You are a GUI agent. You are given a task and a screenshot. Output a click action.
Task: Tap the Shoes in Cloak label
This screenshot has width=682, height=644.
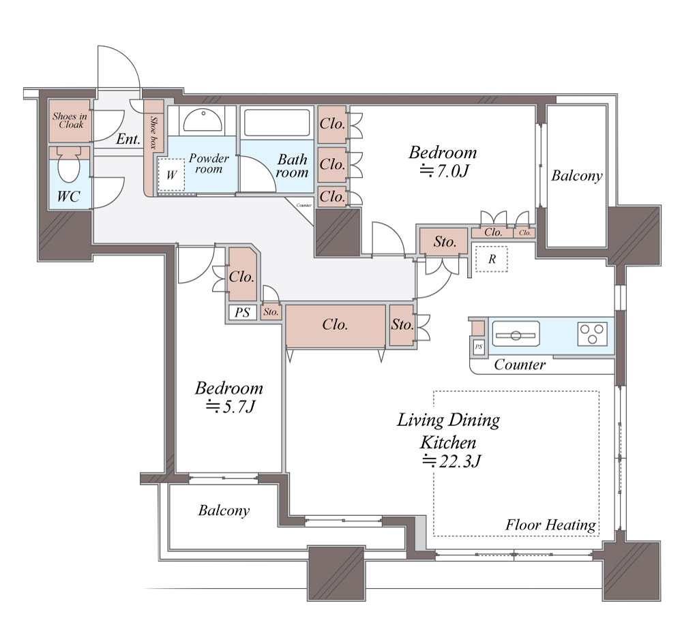[x=70, y=121]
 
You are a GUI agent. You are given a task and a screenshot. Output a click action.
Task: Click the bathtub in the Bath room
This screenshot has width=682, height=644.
[x=277, y=123]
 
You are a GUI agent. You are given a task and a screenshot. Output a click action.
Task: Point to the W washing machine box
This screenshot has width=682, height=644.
[x=171, y=174]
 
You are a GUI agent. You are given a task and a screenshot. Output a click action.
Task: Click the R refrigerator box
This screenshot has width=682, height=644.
[x=492, y=259]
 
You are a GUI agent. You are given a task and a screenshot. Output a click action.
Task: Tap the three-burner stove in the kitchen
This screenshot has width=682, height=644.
[x=593, y=334]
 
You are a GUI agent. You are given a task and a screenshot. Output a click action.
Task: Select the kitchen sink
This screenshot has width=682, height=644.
[x=516, y=334]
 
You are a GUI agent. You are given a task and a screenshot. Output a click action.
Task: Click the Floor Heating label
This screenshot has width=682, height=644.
[x=550, y=525]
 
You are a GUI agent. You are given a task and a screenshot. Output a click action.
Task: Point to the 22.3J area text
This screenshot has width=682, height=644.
[x=451, y=461]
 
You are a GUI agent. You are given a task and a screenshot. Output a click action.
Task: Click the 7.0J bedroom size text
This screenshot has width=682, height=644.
[x=444, y=171]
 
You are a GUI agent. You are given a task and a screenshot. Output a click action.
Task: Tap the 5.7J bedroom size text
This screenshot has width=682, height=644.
[x=231, y=407]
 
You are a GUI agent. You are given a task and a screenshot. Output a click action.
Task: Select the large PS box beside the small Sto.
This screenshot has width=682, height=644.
[x=242, y=312]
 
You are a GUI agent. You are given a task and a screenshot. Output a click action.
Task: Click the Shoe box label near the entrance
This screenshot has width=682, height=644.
[x=153, y=132]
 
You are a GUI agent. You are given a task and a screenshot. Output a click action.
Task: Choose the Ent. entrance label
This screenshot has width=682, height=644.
[x=128, y=139]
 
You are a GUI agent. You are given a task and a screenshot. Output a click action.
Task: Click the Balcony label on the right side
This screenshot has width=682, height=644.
[x=577, y=176]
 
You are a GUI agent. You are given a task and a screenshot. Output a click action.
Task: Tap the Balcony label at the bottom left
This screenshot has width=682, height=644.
[x=224, y=510]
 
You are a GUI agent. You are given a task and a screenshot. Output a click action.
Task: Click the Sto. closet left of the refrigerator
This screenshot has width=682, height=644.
[x=444, y=241]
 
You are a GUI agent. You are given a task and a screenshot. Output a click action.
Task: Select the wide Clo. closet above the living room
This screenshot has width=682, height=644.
[x=336, y=324]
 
